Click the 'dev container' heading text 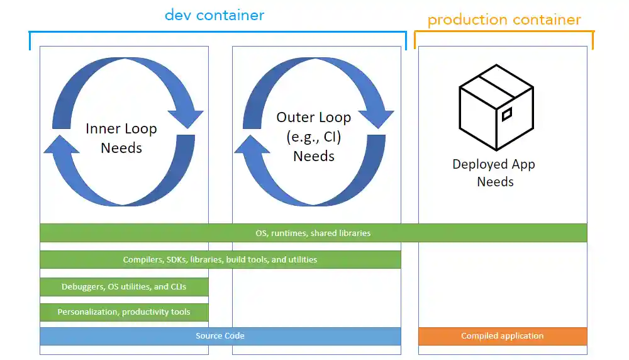[x=214, y=15]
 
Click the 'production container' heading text [x=504, y=20]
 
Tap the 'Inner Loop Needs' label [x=121, y=138]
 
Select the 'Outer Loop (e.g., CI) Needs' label [x=313, y=137]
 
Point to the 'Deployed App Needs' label [x=494, y=173]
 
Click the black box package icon [x=496, y=107]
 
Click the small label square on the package [x=506, y=114]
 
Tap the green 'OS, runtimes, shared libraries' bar [x=313, y=233]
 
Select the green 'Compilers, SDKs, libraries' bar [x=220, y=259]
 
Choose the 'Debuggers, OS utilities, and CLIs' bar [x=124, y=287]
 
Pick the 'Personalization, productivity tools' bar [x=124, y=312]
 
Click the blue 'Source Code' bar [x=220, y=336]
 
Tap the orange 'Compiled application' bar [x=502, y=336]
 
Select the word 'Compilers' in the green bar [x=141, y=259]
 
